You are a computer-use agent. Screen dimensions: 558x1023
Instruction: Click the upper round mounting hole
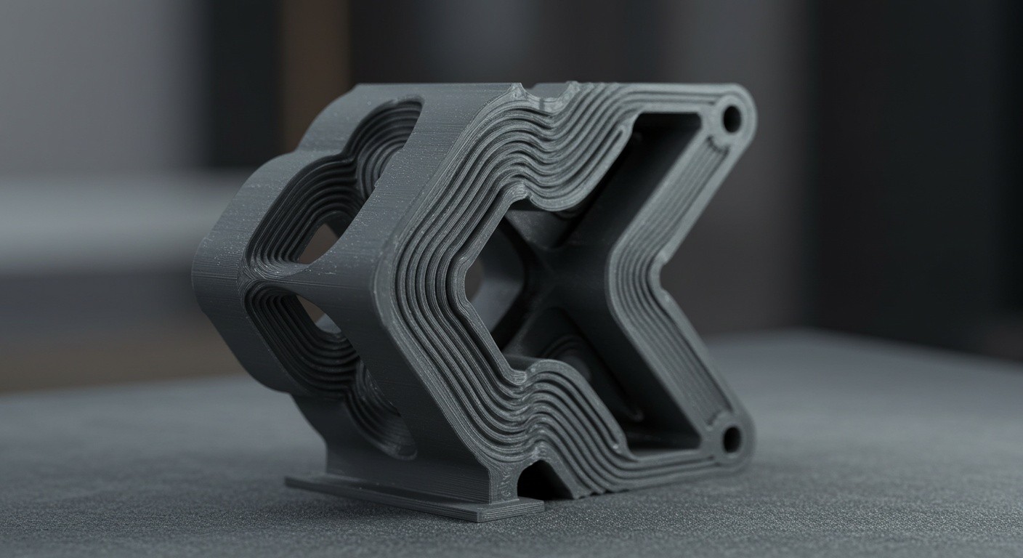[731, 118]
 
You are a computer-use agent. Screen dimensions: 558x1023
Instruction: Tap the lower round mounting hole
[731, 438]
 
